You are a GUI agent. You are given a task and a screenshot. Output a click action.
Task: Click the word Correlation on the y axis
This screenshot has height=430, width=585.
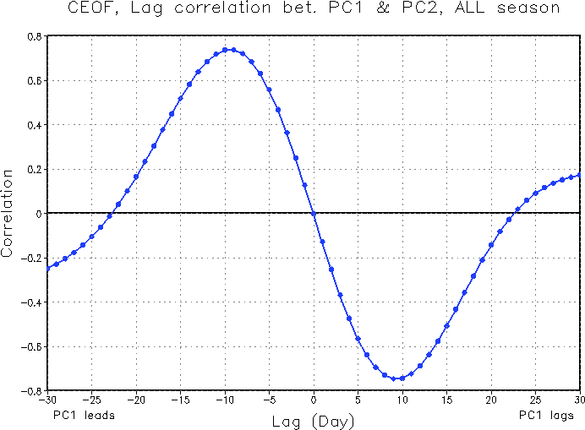pos(8,213)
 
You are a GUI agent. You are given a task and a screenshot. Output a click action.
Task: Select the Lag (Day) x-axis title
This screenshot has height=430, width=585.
pos(313,420)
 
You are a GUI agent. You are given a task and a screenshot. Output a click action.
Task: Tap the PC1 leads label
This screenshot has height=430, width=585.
pos(84,415)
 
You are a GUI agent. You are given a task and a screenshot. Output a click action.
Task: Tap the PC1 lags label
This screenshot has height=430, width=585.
pos(547,415)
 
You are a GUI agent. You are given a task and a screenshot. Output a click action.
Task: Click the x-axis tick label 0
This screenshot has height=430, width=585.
pos(314,400)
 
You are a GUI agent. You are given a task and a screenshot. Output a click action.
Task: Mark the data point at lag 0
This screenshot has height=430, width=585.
pos(314,214)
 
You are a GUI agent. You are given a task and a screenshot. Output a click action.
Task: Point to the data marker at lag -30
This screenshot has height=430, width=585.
pos(47,267)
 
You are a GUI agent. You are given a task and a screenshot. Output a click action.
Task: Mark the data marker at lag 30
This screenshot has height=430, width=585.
pos(579,175)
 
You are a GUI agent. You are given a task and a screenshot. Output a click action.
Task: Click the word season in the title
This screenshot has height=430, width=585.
pos(526,8)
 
